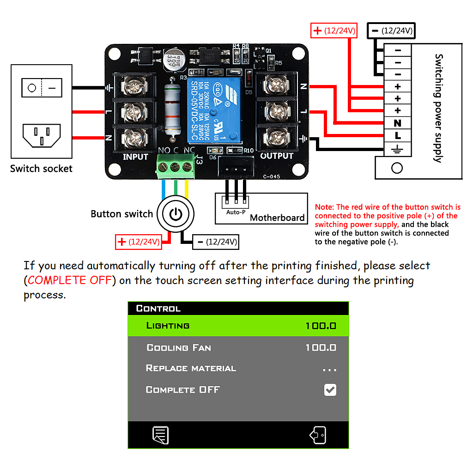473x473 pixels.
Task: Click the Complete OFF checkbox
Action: pos(330,390)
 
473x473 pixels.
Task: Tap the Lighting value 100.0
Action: pos(321,326)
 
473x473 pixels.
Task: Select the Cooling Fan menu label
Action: pos(178,348)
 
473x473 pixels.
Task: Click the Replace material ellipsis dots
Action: pos(329,370)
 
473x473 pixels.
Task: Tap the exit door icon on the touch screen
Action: pos(318,435)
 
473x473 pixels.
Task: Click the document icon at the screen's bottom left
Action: pos(160,435)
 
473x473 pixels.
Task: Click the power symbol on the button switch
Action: pos(176,214)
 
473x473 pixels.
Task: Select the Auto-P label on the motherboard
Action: pos(236,212)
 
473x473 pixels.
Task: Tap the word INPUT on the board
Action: pos(135,157)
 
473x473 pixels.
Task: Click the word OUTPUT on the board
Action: pos(277,156)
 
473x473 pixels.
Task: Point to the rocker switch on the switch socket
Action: pos(42,87)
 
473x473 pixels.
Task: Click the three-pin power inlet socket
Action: pos(42,134)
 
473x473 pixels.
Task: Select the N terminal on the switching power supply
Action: pos(397,123)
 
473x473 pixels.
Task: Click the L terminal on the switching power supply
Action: pos(397,136)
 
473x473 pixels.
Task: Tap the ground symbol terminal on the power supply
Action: pos(397,148)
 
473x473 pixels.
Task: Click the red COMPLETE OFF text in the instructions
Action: pos(70,280)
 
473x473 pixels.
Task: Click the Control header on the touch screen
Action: pos(158,309)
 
